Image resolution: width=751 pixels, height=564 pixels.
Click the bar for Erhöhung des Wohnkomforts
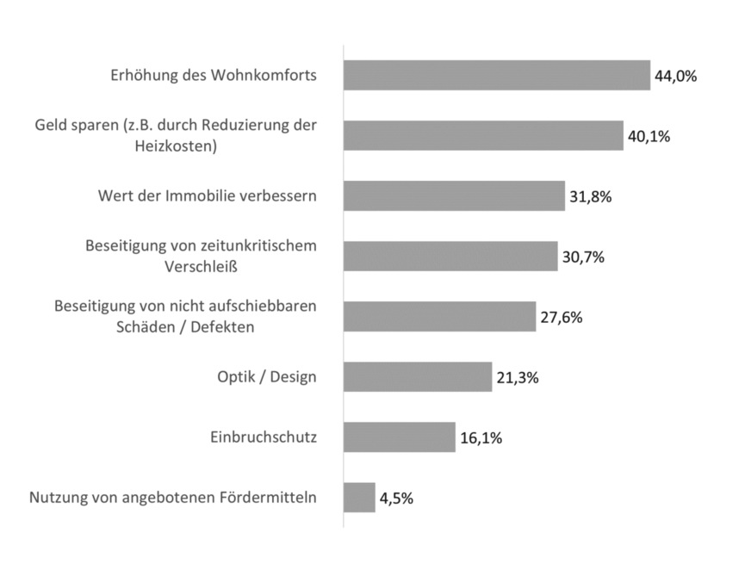tap(496, 76)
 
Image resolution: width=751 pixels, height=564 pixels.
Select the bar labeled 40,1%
tap(483, 136)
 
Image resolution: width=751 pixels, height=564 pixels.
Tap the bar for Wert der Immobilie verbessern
tap(454, 196)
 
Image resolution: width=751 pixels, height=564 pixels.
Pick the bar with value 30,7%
tap(450, 257)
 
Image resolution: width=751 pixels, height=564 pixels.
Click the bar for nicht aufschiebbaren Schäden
tap(439, 317)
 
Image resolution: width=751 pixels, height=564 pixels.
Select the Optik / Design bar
tap(418, 377)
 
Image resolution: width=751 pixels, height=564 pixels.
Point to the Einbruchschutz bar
tap(399, 437)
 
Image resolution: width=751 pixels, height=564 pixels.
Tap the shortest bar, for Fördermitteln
tap(359, 498)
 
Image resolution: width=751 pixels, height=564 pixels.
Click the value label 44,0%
tap(675, 76)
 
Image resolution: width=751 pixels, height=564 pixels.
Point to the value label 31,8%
tap(590, 196)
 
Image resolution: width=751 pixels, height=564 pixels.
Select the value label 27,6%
tap(561, 317)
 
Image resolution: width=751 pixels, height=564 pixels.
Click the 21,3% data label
tap(517, 377)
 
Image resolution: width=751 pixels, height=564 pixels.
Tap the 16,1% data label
tap(481, 437)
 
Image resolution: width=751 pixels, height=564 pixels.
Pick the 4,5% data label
tap(397, 498)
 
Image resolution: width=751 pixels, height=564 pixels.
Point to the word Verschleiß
tap(201, 267)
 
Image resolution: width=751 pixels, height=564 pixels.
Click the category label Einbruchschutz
tap(264, 437)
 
